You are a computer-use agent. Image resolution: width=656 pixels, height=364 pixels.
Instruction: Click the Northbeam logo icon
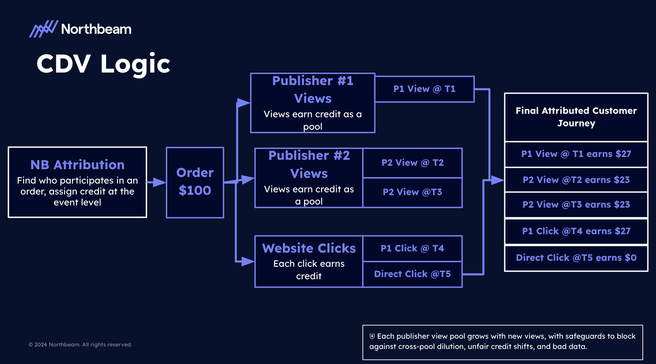(x=44, y=29)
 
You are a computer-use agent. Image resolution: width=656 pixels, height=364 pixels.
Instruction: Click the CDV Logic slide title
(x=103, y=64)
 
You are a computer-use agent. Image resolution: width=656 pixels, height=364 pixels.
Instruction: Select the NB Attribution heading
(x=77, y=165)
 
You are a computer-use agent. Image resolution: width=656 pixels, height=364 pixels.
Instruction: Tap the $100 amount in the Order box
(x=195, y=190)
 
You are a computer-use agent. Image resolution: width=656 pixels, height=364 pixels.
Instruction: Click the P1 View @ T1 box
(x=424, y=89)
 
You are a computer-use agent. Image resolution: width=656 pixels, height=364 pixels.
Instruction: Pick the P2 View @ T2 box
(x=413, y=163)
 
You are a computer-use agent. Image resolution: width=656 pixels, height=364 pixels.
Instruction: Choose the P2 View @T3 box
(x=413, y=192)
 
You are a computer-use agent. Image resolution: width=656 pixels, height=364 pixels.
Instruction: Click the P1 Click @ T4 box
(x=413, y=248)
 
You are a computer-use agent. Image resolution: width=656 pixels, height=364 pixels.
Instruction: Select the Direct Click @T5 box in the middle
(x=413, y=274)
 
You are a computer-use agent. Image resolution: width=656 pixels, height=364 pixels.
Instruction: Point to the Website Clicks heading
(x=309, y=248)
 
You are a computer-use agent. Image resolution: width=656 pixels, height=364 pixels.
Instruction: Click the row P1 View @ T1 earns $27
(x=576, y=154)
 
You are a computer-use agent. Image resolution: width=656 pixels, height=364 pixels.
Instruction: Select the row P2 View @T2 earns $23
(x=576, y=180)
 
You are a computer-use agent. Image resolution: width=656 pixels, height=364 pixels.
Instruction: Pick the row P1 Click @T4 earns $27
(x=576, y=231)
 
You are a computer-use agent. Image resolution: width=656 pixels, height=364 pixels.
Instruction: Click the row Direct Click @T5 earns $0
(x=576, y=258)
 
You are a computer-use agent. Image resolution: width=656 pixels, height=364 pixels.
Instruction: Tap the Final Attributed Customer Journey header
(x=576, y=117)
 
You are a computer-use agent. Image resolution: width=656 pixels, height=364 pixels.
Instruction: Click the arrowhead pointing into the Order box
(x=160, y=182)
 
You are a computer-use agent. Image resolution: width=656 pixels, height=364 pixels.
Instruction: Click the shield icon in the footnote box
(x=372, y=336)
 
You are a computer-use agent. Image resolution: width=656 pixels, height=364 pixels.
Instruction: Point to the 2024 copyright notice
(x=80, y=345)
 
